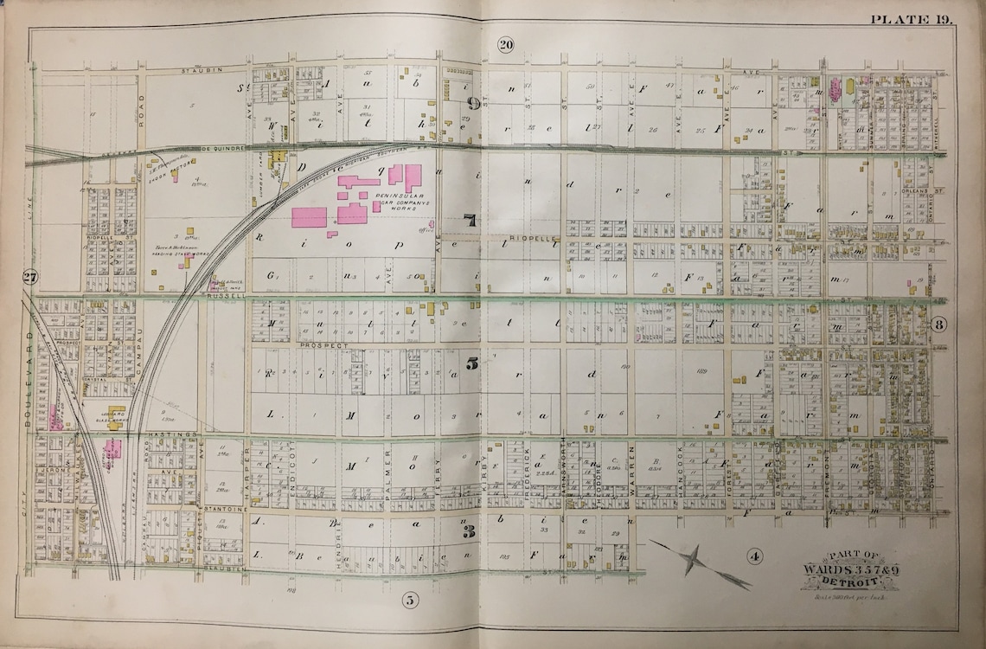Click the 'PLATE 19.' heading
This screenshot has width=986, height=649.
point(912,19)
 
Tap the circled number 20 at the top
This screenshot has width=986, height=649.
point(506,45)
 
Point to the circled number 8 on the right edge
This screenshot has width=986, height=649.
point(939,324)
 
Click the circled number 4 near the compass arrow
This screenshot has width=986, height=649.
point(754,556)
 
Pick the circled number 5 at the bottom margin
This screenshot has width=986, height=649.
point(410,599)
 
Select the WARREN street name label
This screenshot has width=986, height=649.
point(632,468)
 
